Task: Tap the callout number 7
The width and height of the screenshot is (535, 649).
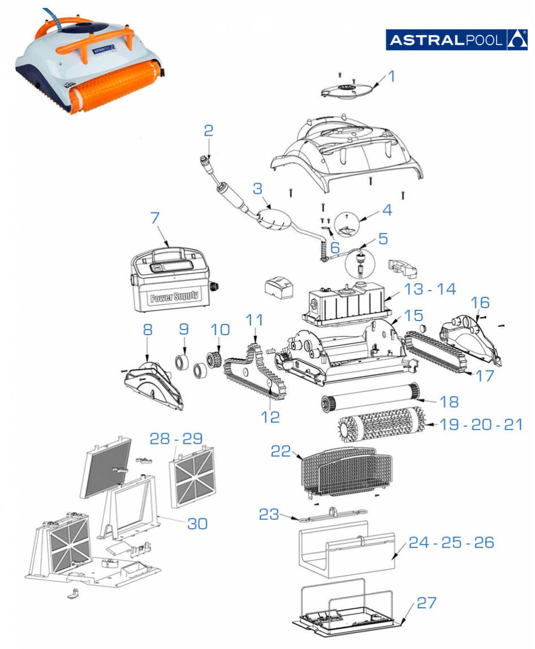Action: coord(156,218)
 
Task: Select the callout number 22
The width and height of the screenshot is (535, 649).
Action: coord(281,451)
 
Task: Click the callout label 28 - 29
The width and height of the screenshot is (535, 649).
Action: coord(176,439)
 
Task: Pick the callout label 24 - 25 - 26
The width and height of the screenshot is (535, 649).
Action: coord(451,543)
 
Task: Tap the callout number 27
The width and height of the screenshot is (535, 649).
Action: coord(428,603)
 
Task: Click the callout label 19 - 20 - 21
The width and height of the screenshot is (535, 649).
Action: coord(481,425)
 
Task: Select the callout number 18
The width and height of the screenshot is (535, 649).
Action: coord(450,401)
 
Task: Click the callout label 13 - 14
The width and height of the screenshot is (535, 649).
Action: coord(430,289)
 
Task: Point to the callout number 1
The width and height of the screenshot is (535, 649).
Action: coord(391,76)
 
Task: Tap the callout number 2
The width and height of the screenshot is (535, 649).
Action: coord(209,131)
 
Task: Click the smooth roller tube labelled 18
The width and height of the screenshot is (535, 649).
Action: coord(368,397)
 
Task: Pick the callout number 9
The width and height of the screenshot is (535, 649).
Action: coord(183,328)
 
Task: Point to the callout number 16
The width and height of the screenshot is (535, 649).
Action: coord(481,302)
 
